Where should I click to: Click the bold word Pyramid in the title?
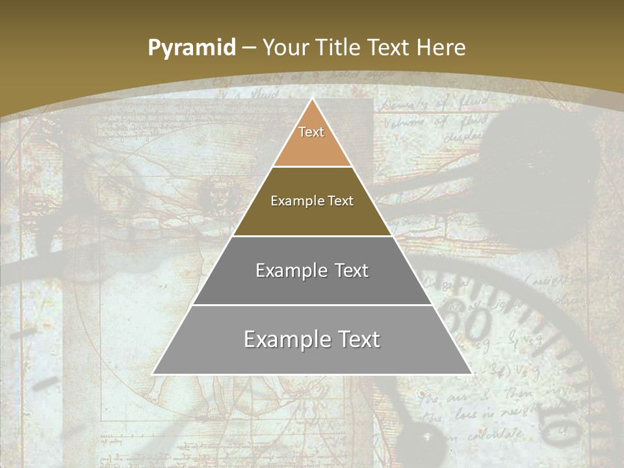point(192,47)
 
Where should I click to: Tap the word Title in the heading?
point(341,47)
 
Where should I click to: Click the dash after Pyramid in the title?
point(249,48)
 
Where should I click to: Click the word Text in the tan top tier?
point(311,132)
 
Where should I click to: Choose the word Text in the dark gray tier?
point(350,270)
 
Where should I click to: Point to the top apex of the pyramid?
point(312,99)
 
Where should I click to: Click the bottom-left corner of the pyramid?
point(153,374)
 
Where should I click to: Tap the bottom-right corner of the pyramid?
point(471,374)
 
